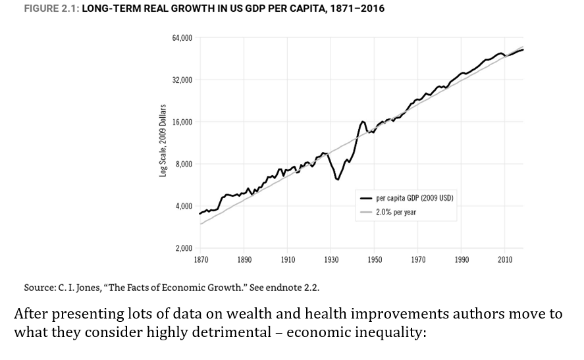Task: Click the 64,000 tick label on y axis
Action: [x=182, y=38]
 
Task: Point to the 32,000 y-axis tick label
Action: [x=182, y=80]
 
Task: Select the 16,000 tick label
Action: [x=182, y=122]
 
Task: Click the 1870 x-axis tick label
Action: [x=201, y=260]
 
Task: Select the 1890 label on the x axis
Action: [x=244, y=260]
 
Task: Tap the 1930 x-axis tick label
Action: [x=331, y=260]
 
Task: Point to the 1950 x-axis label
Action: [x=375, y=260]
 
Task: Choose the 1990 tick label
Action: [x=462, y=260]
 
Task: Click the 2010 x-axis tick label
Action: [x=505, y=260]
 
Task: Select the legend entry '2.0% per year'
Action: [x=396, y=212]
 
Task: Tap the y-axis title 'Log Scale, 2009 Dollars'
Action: [x=163, y=141]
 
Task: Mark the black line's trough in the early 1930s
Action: [x=338, y=179]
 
